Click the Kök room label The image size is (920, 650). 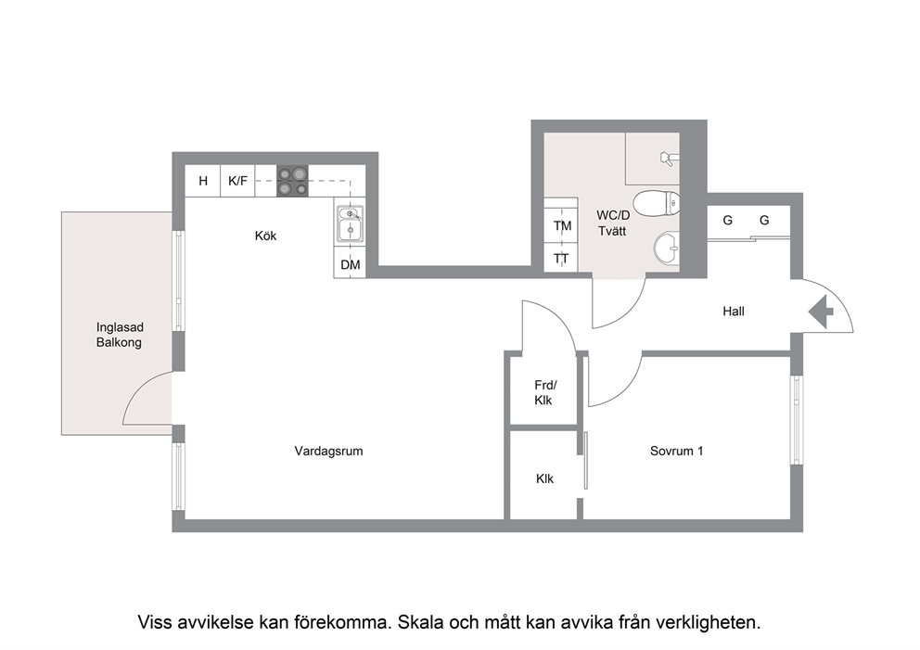[265, 236]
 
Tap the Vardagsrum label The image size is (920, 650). [328, 452]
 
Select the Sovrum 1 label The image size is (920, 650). [676, 452]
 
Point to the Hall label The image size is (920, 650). [734, 312]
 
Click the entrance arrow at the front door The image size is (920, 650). [821, 312]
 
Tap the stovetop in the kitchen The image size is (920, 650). [292, 181]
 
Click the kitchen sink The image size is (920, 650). [351, 223]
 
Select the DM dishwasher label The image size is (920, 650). [351, 264]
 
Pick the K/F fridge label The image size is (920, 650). [237, 181]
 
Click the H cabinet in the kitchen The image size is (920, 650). [203, 181]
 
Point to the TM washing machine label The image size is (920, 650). [562, 226]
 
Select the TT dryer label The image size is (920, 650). [561, 259]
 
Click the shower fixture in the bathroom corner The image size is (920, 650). [669, 158]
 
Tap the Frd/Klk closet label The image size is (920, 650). [544, 393]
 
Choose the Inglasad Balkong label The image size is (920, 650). [120, 335]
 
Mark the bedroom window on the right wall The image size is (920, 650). [797, 419]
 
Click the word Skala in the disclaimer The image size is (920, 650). [421, 622]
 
